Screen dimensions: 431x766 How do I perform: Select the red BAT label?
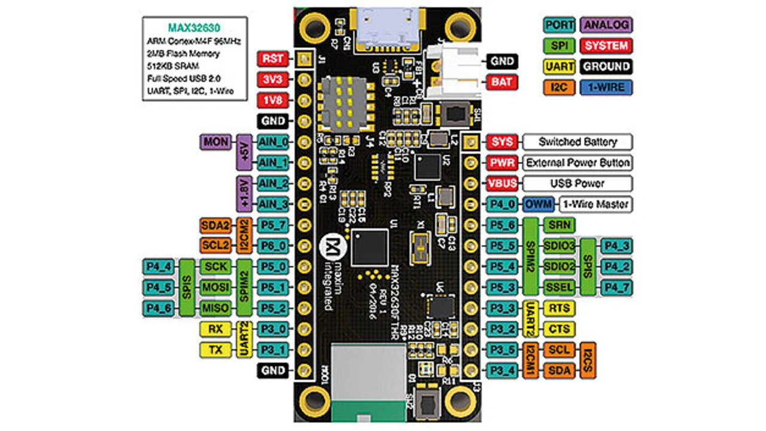(502, 81)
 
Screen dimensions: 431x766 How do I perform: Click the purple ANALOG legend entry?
(606, 25)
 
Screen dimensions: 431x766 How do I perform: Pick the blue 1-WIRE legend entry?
(606, 87)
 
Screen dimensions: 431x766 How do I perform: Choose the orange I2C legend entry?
(560, 87)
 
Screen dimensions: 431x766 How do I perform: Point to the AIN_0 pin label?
(273, 142)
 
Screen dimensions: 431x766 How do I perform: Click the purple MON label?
(215, 142)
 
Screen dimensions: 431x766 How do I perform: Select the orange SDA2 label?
(215, 225)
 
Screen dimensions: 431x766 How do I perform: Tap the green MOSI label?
(215, 287)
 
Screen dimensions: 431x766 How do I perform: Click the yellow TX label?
(215, 350)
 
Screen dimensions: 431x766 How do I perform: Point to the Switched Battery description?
(577, 142)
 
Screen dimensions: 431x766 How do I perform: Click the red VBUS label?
(502, 184)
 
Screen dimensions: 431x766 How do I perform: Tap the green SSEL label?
(559, 287)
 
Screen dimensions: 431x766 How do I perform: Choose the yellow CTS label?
(559, 329)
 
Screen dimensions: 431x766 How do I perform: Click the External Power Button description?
(577, 163)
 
